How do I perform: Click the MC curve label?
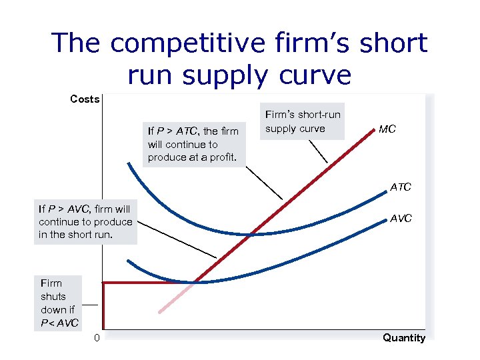(x=387, y=129)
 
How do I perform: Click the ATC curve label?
(x=401, y=187)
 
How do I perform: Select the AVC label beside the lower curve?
(x=401, y=219)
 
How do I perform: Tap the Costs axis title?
(x=85, y=99)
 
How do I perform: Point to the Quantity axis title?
(x=403, y=338)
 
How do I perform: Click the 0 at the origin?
(x=97, y=338)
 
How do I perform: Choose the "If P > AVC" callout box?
(x=85, y=221)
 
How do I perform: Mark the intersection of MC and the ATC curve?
(x=251, y=234)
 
